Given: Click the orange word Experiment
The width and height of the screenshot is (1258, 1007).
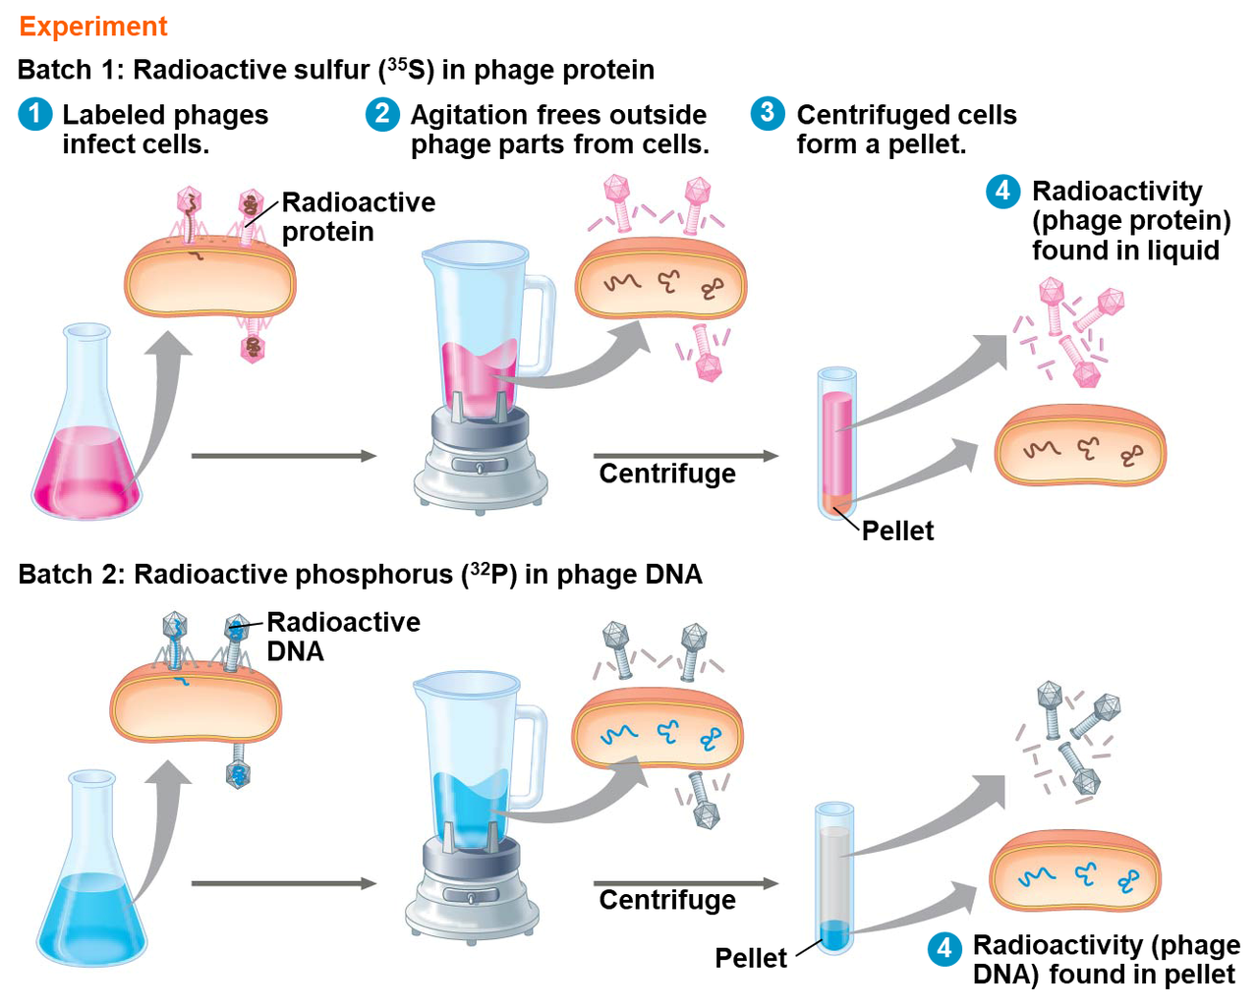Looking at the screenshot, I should [x=93, y=27].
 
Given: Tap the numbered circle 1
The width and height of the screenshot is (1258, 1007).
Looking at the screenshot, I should [x=34, y=114].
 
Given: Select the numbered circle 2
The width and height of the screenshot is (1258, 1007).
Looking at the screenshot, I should [x=382, y=114].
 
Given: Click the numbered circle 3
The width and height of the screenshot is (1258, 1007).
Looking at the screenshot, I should [x=768, y=113].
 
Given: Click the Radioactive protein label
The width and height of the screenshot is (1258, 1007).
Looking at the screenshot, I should [x=358, y=217].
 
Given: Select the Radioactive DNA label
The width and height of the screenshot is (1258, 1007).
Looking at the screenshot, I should [x=343, y=637].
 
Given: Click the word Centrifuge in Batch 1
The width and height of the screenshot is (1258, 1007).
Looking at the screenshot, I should [x=667, y=474].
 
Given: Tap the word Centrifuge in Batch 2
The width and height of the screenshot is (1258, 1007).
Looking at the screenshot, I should [x=667, y=900].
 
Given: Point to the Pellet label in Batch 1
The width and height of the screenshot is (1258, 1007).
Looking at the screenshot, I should [x=897, y=531].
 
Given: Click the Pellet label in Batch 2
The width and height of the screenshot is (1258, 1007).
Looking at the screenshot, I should [x=751, y=958].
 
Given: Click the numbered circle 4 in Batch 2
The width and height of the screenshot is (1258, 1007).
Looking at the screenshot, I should [x=944, y=948].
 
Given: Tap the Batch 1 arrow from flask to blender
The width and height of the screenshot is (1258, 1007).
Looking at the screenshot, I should [x=283, y=456].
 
